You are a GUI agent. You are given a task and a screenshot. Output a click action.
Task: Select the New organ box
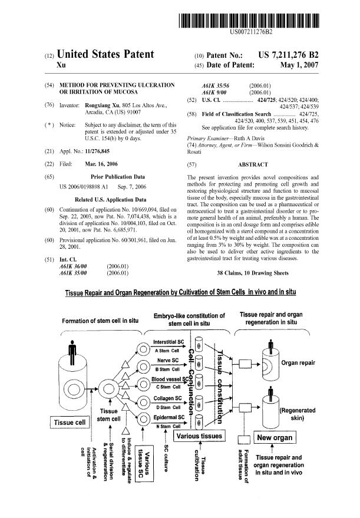tap(276, 438)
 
